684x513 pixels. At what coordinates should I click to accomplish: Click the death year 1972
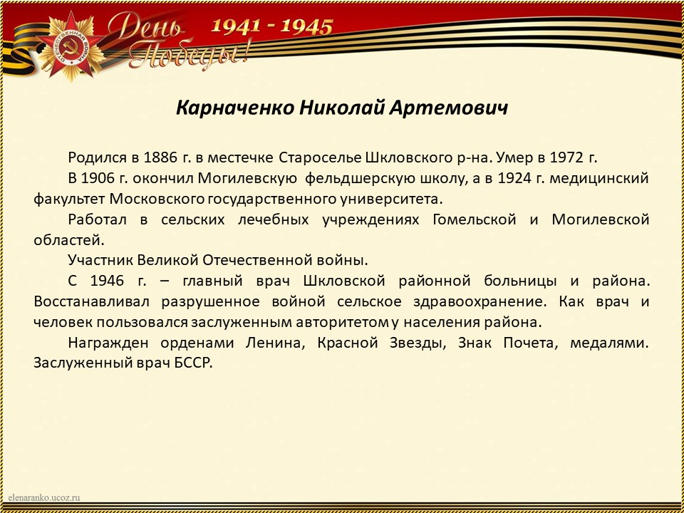(566, 157)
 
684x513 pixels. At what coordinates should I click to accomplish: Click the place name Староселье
(320, 158)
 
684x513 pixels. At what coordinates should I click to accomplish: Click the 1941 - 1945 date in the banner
(271, 26)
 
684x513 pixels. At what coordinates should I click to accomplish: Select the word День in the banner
(146, 27)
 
